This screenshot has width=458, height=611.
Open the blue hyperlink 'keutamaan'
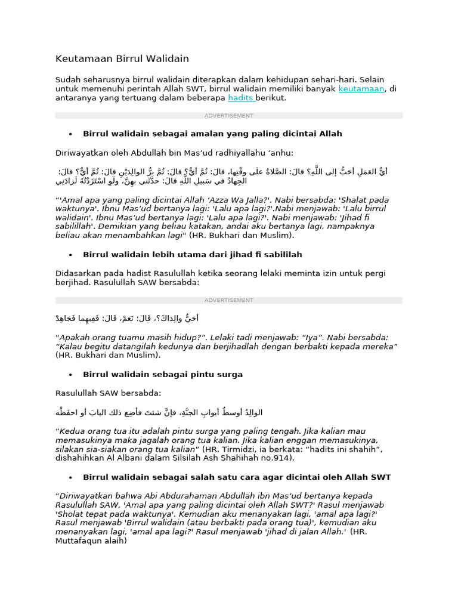(361, 89)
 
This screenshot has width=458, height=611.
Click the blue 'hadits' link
(240, 98)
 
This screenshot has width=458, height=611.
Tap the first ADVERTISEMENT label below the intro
(228, 116)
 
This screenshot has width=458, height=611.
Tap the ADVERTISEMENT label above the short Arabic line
(228, 300)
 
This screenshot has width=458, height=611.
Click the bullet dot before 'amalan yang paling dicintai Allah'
(70, 134)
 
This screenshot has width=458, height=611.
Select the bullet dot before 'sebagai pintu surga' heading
(70, 375)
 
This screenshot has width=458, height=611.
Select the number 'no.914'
(279, 458)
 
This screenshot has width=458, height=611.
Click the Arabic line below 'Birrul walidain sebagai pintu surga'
(159, 412)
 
